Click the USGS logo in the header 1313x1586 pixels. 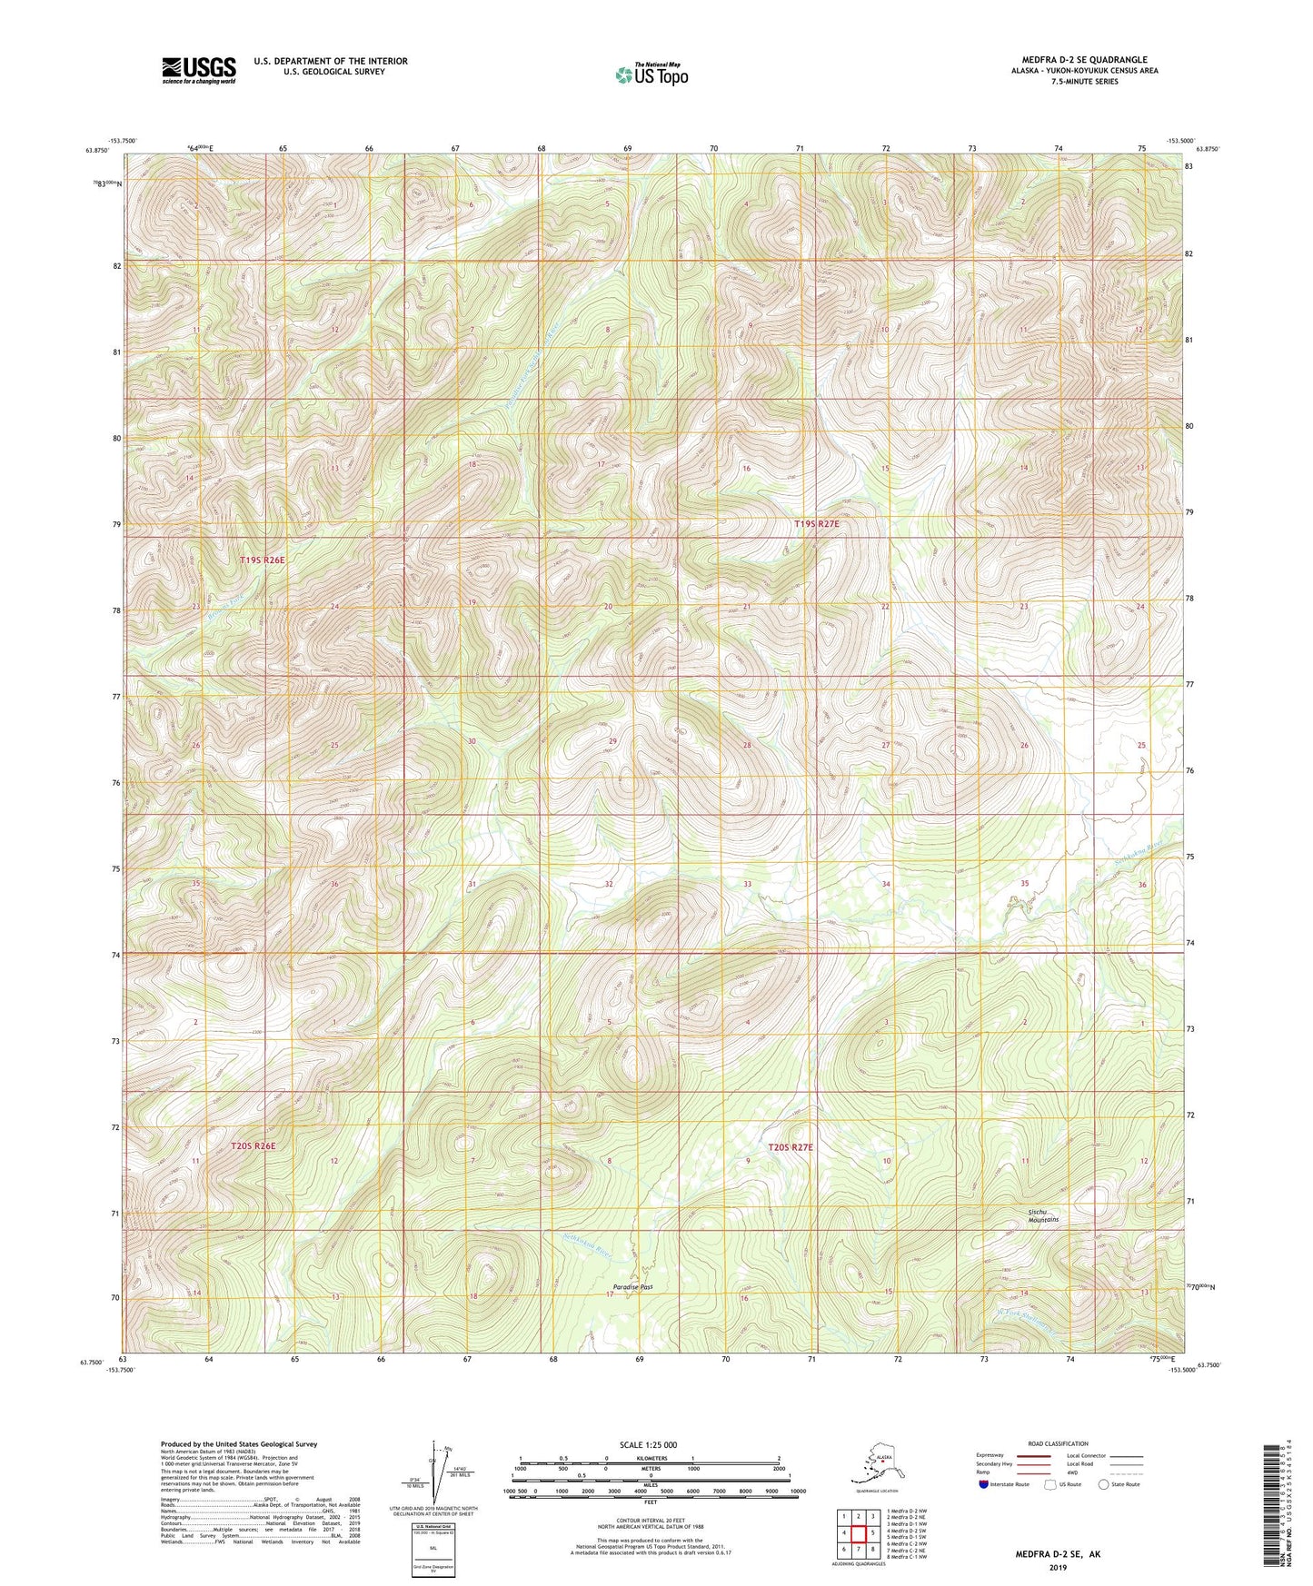pyautogui.click(x=198, y=70)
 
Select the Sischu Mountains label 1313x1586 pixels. pyautogui.click(x=1042, y=1215)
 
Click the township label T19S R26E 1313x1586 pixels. pyautogui.click(x=262, y=560)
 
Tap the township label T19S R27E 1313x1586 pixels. pyautogui.click(x=816, y=524)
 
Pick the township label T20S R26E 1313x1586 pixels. pyautogui.click(x=253, y=1146)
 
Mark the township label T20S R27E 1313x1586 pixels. pyautogui.click(x=791, y=1147)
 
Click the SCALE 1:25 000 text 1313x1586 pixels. pyautogui.click(x=650, y=1444)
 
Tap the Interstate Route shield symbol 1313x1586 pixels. pyautogui.click(x=985, y=1485)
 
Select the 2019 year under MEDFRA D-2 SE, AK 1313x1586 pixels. pyautogui.click(x=1057, y=1567)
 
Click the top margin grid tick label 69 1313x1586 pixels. pyautogui.click(x=627, y=148)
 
